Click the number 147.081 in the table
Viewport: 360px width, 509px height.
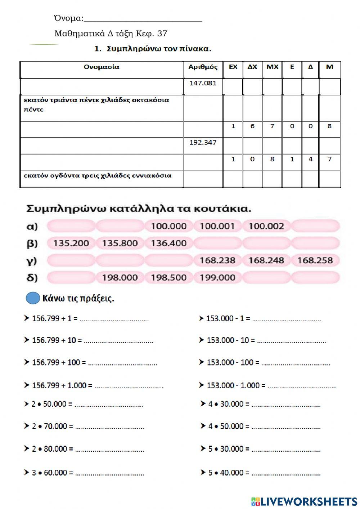click(x=203, y=83)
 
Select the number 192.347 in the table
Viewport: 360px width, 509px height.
click(x=203, y=142)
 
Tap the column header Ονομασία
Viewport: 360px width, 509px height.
click(x=102, y=67)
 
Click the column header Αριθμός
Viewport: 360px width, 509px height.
click(x=203, y=67)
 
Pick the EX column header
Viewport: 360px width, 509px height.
click(x=233, y=67)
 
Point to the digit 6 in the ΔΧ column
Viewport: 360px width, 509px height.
click(x=252, y=126)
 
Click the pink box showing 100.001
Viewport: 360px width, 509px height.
click(x=217, y=226)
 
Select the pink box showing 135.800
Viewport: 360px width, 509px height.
click(x=120, y=243)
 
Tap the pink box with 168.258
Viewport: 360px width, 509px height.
click(x=315, y=260)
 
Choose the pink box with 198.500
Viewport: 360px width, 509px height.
click(x=168, y=277)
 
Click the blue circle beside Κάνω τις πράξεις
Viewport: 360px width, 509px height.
click(x=33, y=298)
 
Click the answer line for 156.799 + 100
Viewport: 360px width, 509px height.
click(x=122, y=363)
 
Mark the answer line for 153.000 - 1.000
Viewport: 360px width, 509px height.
click(x=302, y=386)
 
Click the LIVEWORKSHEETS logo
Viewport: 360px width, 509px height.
click(x=304, y=501)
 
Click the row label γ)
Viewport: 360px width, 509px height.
click(x=32, y=260)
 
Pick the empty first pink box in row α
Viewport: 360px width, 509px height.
click(x=71, y=226)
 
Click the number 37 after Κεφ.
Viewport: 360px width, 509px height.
click(x=162, y=34)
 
